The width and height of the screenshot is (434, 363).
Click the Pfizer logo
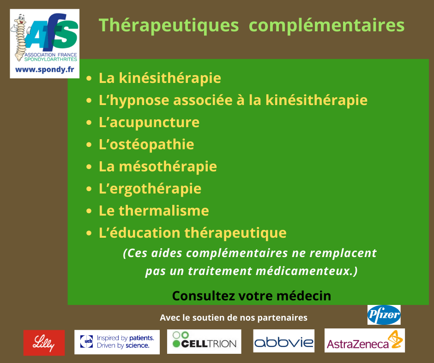[x=384, y=315]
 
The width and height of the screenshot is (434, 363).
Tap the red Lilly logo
[x=44, y=343]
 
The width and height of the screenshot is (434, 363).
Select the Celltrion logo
[x=204, y=341]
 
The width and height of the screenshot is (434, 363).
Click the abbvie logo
[x=283, y=341]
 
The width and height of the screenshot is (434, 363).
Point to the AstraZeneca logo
[x=365, y=340]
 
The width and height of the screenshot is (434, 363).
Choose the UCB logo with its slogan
[x=117, y=342]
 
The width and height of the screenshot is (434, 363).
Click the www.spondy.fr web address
[x=45, y=70]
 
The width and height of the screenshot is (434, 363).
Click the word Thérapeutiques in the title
[x=169, y=25]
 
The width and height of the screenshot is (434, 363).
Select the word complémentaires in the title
[x=326, y=26]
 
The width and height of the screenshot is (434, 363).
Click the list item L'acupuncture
[x=149, y=123]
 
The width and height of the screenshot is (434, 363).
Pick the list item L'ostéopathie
[x=146, y=144]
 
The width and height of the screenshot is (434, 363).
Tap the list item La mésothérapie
[x=158, y=166]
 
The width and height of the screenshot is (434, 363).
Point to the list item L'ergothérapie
[x=150, y=189]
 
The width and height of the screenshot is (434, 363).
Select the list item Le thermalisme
[x=154, y=211]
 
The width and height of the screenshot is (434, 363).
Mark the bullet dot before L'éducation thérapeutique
[x=89, y=233]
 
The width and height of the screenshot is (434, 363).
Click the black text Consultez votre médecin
[x=252, y=296]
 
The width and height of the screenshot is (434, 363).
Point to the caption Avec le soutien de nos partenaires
[x=234, y=318]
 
